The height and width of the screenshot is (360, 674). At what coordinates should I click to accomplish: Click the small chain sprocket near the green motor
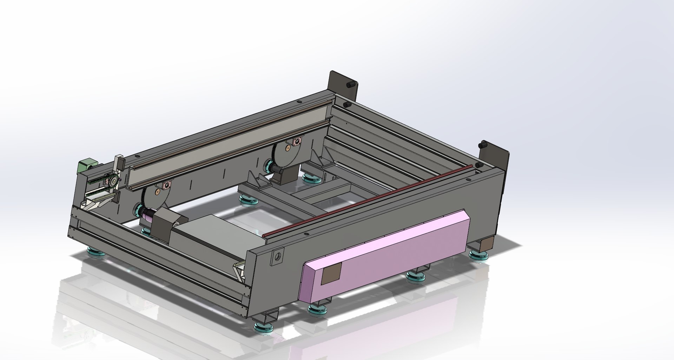pyautogui.click(x=113, y=181)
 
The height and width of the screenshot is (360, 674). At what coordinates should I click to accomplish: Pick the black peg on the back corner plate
pyautogui.click(x=350, y=86)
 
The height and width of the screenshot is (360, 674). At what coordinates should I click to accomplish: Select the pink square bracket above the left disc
pyautogui.click(x=166, y=185)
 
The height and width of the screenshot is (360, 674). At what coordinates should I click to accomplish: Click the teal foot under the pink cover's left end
pyautogui.click(x=318, y=309)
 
